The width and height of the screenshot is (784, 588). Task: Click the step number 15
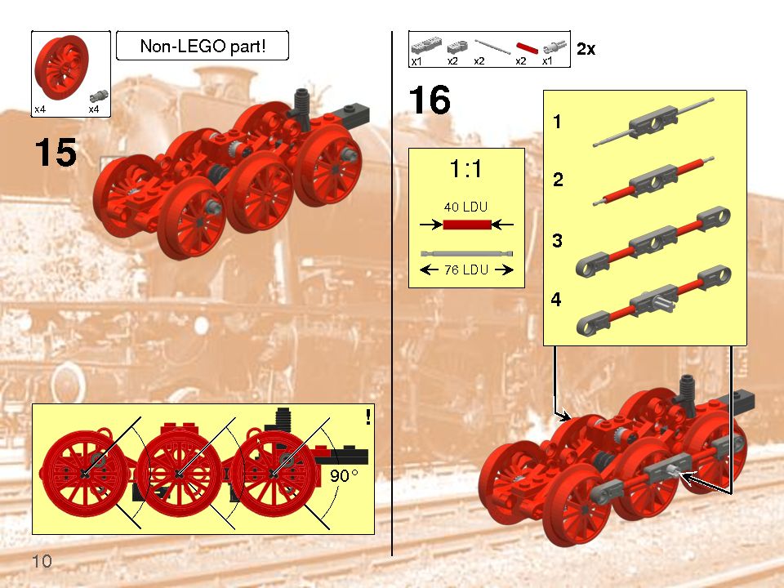[x=56, y=153]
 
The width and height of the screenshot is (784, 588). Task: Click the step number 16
[x=430, y=100]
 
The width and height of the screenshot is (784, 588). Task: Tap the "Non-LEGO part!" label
[x=203, y=47]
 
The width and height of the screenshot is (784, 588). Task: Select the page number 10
[x=42, y=561]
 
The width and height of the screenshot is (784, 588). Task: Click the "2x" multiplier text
[x=586, y=50]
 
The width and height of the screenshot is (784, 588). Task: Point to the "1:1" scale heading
[x=465, y=170]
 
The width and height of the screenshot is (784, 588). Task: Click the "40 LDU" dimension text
[x=465, y=207]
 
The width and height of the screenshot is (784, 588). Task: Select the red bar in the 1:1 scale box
[x=466, y=223]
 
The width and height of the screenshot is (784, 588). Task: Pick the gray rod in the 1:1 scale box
[x=466, y=254]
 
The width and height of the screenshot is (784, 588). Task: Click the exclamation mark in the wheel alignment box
[x=368, y=417]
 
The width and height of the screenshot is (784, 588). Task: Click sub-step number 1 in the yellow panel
[x=557, y=123]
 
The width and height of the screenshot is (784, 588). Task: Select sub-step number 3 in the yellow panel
[x=557, y=241]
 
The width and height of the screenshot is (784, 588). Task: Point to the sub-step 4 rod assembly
[x=653, y=301]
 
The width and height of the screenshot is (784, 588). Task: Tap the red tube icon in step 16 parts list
[x=525, y=48]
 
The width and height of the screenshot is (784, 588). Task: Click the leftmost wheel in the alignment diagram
[x=85, y=473]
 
